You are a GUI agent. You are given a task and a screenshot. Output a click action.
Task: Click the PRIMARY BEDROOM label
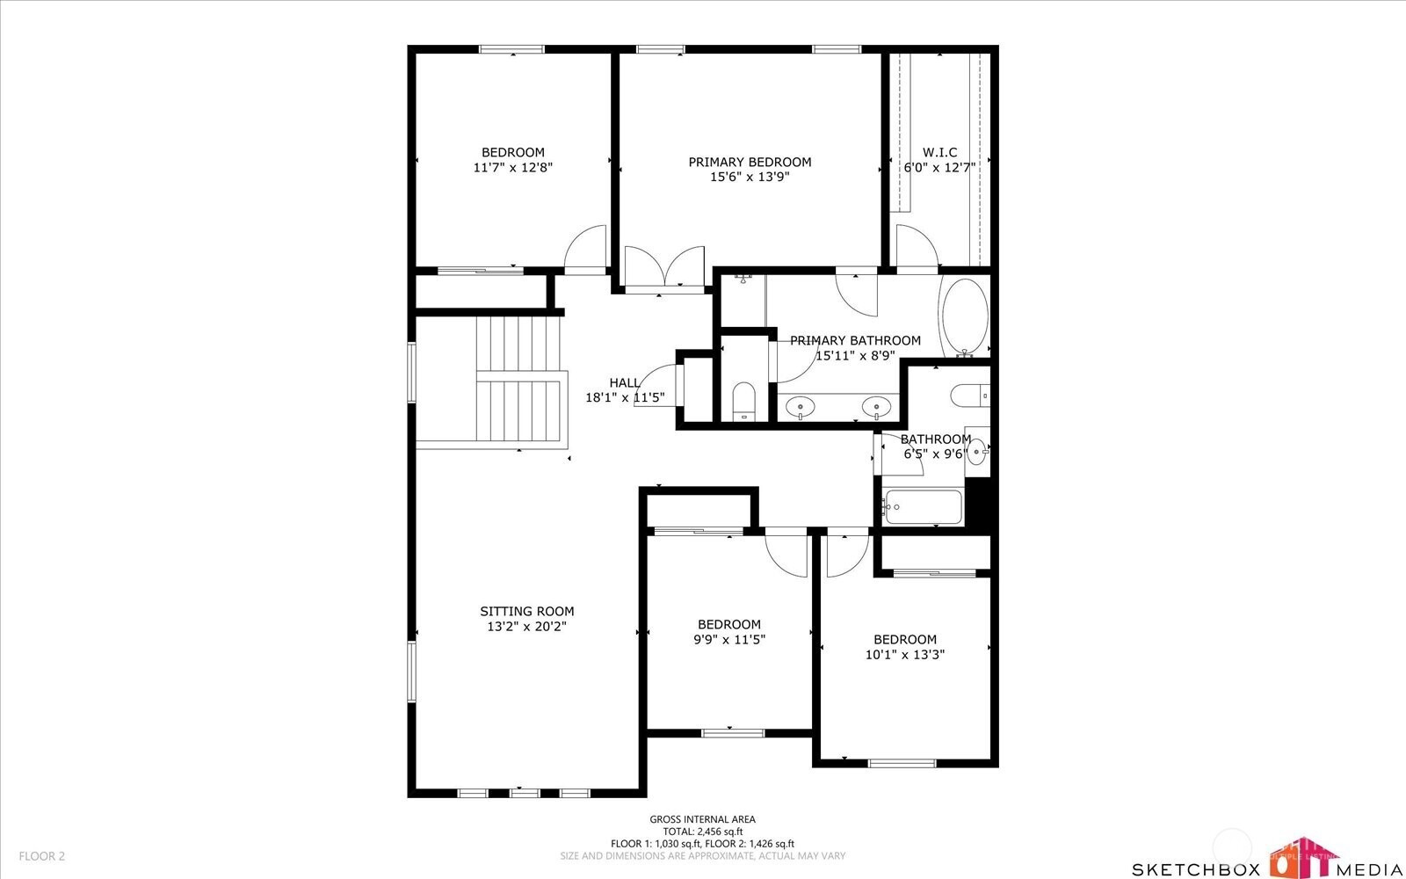tap(750, 162)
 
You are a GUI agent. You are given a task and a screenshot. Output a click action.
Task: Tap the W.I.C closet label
tap(939, 152)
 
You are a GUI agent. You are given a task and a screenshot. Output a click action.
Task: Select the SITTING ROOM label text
tap(526, 611)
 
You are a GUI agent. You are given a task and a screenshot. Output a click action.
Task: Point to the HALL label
tap(625, 382)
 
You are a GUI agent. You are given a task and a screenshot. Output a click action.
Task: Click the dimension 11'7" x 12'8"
tap(513, 168)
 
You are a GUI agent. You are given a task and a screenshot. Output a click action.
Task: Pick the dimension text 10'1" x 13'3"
tap(904, 655)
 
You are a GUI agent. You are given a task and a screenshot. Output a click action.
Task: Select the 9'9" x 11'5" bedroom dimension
tap(728, 640)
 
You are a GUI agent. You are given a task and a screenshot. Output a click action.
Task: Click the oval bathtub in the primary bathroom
tap(965, 316)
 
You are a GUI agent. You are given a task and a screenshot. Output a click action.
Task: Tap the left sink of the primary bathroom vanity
tap(801, 407)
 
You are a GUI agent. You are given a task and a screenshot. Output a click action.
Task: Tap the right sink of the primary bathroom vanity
tap(876, 407)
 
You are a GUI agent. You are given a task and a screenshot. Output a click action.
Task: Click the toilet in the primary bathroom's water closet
tap(743, 401)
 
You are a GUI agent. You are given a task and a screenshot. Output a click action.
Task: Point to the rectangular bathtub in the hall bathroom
tap(922, 506)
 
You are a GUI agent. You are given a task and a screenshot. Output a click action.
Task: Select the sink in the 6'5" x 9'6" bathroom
tap(976, 452)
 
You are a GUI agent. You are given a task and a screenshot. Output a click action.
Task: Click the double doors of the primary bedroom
tap(664, 267)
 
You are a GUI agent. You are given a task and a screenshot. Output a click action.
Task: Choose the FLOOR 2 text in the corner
tap(42, 856)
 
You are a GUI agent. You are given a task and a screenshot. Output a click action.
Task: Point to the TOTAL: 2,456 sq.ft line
tap(702, 832)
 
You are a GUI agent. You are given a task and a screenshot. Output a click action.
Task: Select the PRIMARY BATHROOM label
tap(855, 340)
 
